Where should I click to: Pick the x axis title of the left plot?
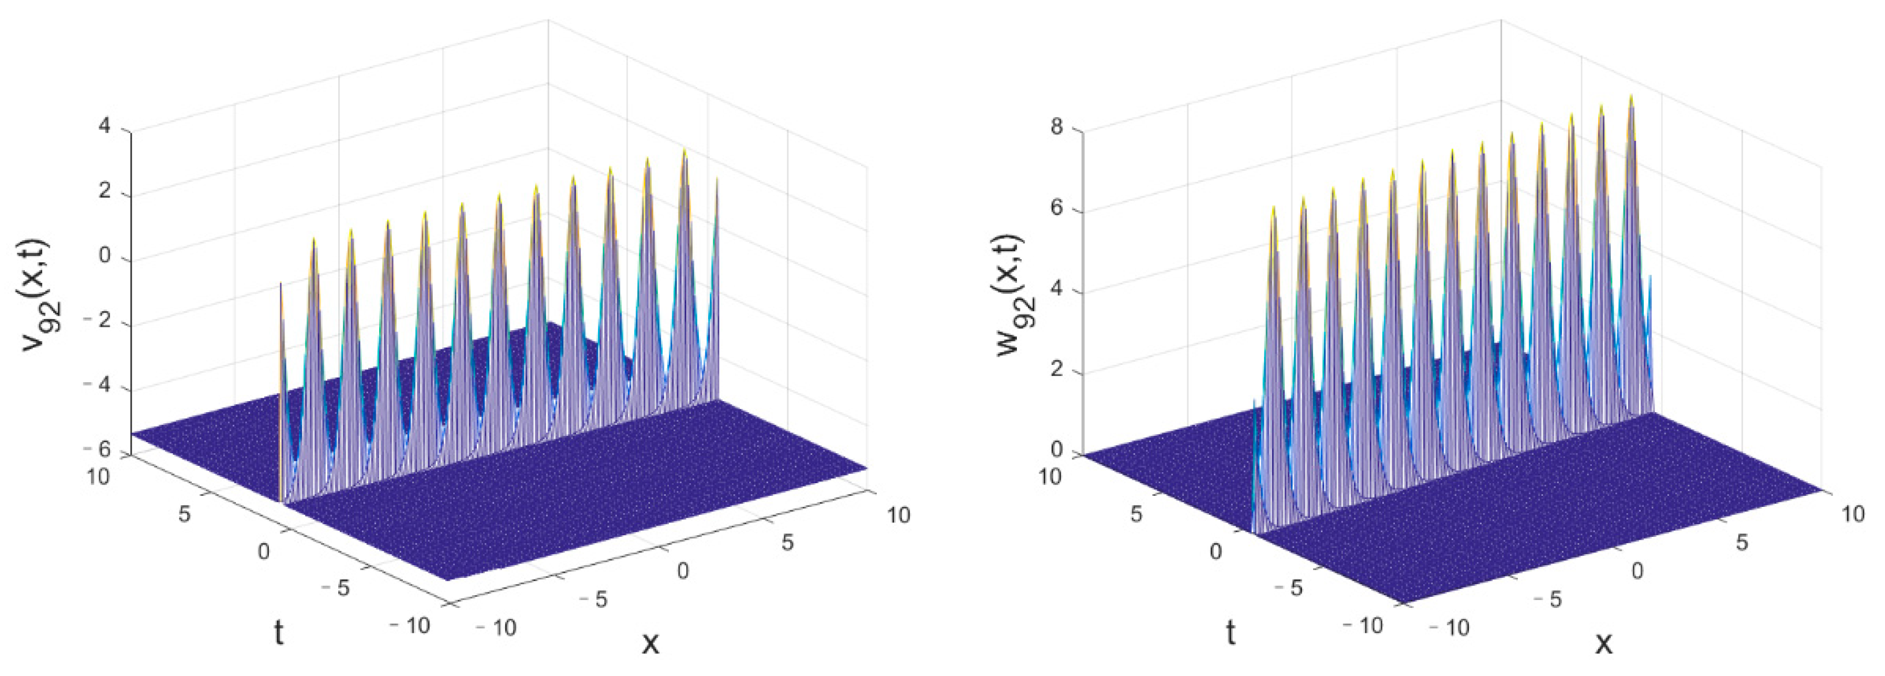click(x=650, y=643)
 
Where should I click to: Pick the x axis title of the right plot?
click(x=1603, y=643)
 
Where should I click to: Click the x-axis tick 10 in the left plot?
click(x=899, y=514)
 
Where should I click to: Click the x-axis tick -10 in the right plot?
click(x=1449, y=627)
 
